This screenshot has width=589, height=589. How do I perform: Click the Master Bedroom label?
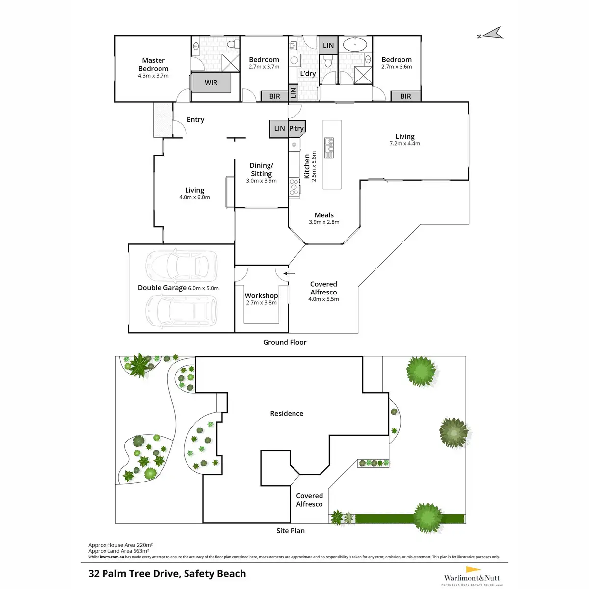153,64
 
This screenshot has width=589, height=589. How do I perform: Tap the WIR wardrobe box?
211,83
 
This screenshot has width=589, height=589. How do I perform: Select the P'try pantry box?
296,128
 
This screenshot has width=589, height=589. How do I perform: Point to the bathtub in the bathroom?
354,45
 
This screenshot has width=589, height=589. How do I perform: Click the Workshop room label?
261,295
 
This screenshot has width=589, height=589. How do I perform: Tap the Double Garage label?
162,288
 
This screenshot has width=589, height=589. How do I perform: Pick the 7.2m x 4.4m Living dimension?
405,144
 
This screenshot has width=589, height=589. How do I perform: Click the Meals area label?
324,215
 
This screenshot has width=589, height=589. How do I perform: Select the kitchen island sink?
329,147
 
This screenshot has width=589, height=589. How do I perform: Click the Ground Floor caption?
285,342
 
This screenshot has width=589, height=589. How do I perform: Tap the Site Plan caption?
291,530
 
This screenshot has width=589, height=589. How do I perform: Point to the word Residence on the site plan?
287,413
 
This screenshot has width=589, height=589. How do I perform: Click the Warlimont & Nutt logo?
471,576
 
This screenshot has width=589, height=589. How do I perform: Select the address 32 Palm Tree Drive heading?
167,573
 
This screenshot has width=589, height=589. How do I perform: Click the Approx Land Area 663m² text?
119,551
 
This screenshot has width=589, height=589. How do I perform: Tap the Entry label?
195,119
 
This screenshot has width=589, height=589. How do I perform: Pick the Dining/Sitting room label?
261,170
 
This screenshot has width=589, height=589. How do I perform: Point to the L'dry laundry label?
308,73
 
